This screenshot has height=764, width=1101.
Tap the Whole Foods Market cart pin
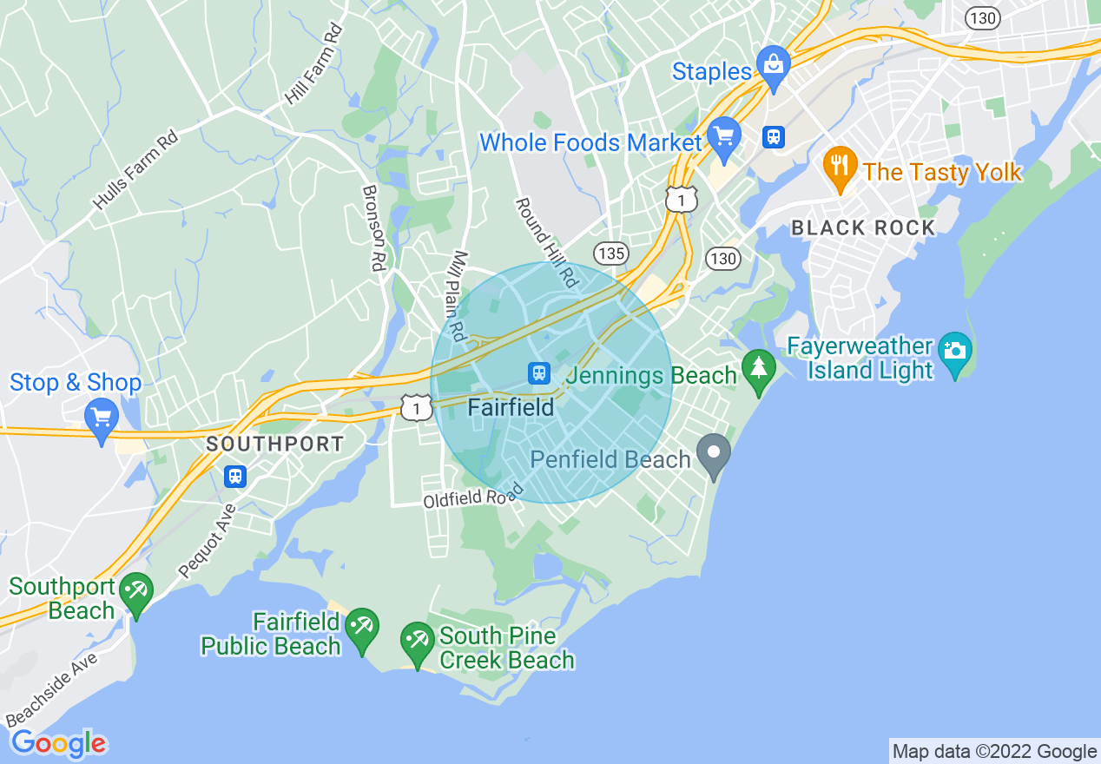tap(723, 135)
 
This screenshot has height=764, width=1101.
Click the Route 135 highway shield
tap(611, 254)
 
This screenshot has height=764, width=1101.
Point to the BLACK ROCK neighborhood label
tap(863, 228)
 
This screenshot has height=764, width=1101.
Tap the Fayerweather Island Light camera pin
tap(954, 351)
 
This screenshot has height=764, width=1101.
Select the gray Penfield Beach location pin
tap(714, 454)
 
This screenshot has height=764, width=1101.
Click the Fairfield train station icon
tap(539, 373)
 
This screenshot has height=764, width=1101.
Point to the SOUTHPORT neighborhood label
tap(274, 445)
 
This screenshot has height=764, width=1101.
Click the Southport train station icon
tap(234, 476)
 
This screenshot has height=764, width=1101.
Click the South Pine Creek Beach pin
tap(417, 642)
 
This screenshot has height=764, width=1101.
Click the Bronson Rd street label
tap(373, 228)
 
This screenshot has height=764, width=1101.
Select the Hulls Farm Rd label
tap(135, 169)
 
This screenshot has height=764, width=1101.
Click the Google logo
tap(58, 744)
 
